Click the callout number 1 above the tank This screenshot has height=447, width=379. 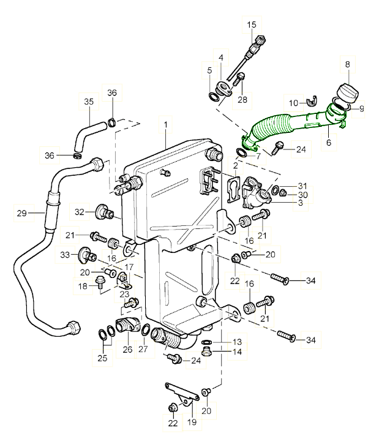[165, 125]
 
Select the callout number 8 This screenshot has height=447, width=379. [348, 64]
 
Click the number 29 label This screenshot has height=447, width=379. [23, 214]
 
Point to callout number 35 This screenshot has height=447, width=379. [89, 101]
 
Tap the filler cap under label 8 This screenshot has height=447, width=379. [347, 93]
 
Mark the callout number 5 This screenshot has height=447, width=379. [210, 70]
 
